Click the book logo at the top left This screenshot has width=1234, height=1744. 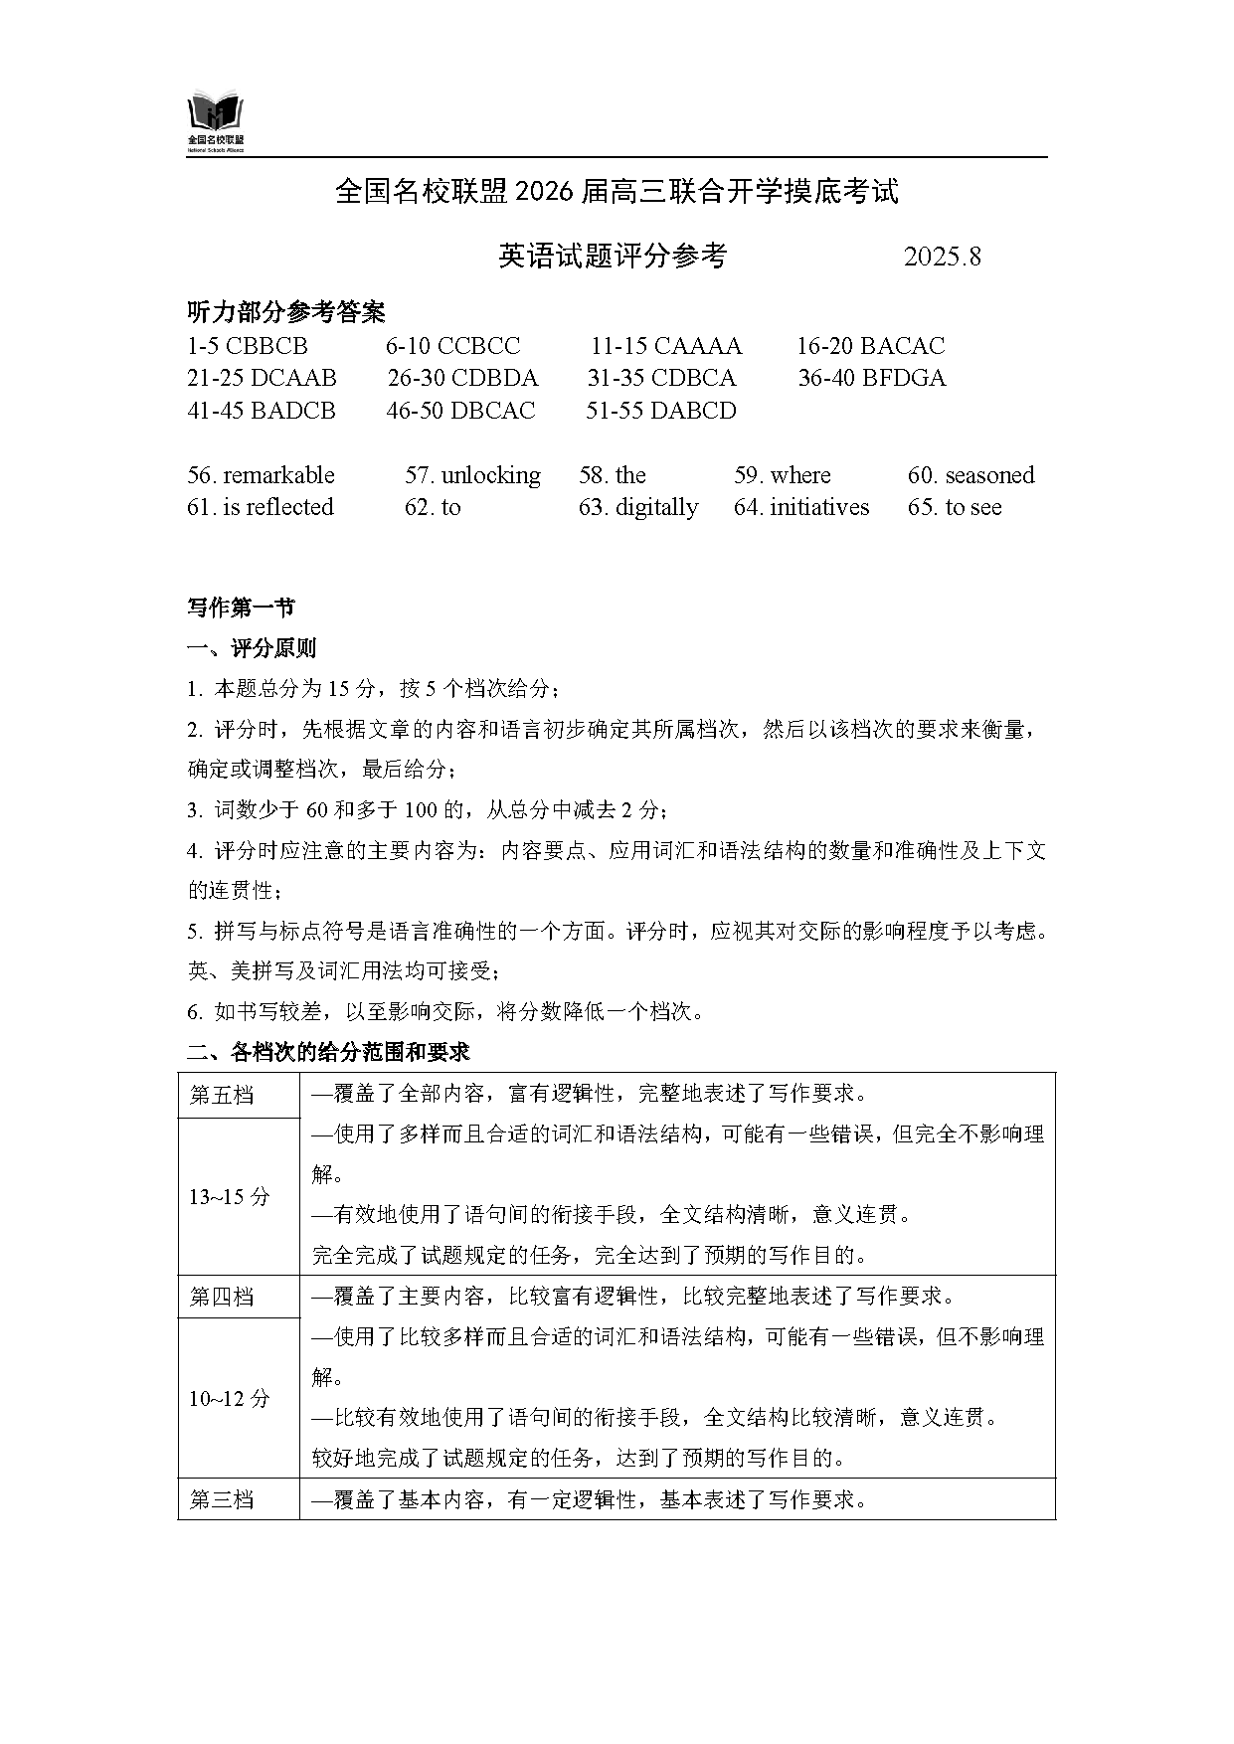pos(216,121)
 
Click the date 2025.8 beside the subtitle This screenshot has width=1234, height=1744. pos(942,257)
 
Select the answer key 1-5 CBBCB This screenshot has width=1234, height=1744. pos(248,346)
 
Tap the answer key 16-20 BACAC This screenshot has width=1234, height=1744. pos(870,346)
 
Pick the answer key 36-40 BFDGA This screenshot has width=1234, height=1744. pos(871,378)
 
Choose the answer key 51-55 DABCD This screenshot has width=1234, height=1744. pos(660,411)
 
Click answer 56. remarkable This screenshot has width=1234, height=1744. pos(261,475)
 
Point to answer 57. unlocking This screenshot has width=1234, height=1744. pos(472,475)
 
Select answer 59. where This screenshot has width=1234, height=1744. pos(782,475)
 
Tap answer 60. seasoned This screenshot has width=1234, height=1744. pos(970,475)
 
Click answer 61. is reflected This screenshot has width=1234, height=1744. pos(260,507)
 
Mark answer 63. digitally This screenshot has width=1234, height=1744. pos(638,507)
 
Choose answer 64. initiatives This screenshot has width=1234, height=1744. pos(801,507)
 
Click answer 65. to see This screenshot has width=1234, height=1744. pos(955,507)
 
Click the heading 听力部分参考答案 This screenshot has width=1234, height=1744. pos(286,312)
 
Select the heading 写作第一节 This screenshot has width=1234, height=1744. pos(241,608)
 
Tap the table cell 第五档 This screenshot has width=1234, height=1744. pos(222,1096)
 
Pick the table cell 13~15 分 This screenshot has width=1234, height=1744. pos(230,1197)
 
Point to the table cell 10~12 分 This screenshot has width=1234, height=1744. pos(230,1399)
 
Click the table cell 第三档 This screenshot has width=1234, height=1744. pos(222,1499)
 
